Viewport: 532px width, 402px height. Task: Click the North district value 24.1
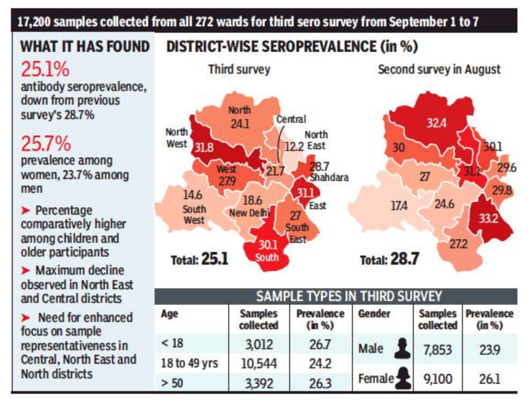(239, 123)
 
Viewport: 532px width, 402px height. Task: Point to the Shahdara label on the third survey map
(329, 177)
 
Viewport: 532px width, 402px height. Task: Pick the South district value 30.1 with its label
(267, 251)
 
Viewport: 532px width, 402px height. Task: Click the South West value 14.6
(193, 196)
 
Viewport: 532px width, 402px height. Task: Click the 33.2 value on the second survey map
(488, 218)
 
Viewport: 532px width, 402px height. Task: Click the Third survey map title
(239, 70)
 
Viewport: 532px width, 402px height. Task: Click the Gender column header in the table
(374, 314)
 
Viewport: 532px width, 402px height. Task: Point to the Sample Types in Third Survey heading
(349, 296)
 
